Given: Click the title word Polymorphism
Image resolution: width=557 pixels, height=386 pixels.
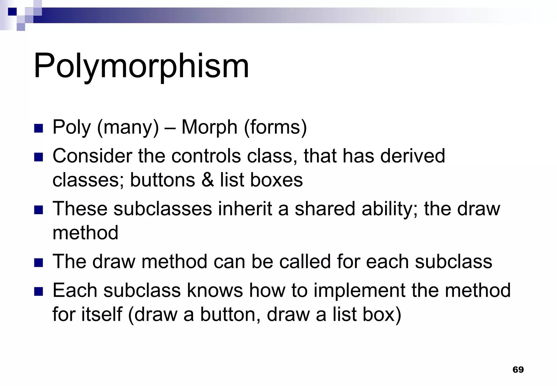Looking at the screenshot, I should pyautogui.click(x=141, y=66).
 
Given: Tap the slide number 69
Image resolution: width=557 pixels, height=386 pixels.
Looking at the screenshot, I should pyautogui.click(x=518, y=369).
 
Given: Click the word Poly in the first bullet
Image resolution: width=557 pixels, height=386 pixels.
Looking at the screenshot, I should pyautogui.click(x=72, y=127).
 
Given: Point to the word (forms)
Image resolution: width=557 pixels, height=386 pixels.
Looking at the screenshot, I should pyautogui.click(x=276, y=127).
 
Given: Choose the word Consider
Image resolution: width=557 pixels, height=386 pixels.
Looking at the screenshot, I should pyautogui.click(x=92, y=156).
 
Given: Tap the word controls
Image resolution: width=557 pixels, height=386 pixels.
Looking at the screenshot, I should pyautogui.click(x=206, y=156).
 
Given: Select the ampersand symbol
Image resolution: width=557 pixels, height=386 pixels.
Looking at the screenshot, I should pyautogui.click(x=208, y=180).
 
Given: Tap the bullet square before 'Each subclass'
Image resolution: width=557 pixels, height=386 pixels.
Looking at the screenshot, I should pyautogui.click(x=39, y=292).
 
